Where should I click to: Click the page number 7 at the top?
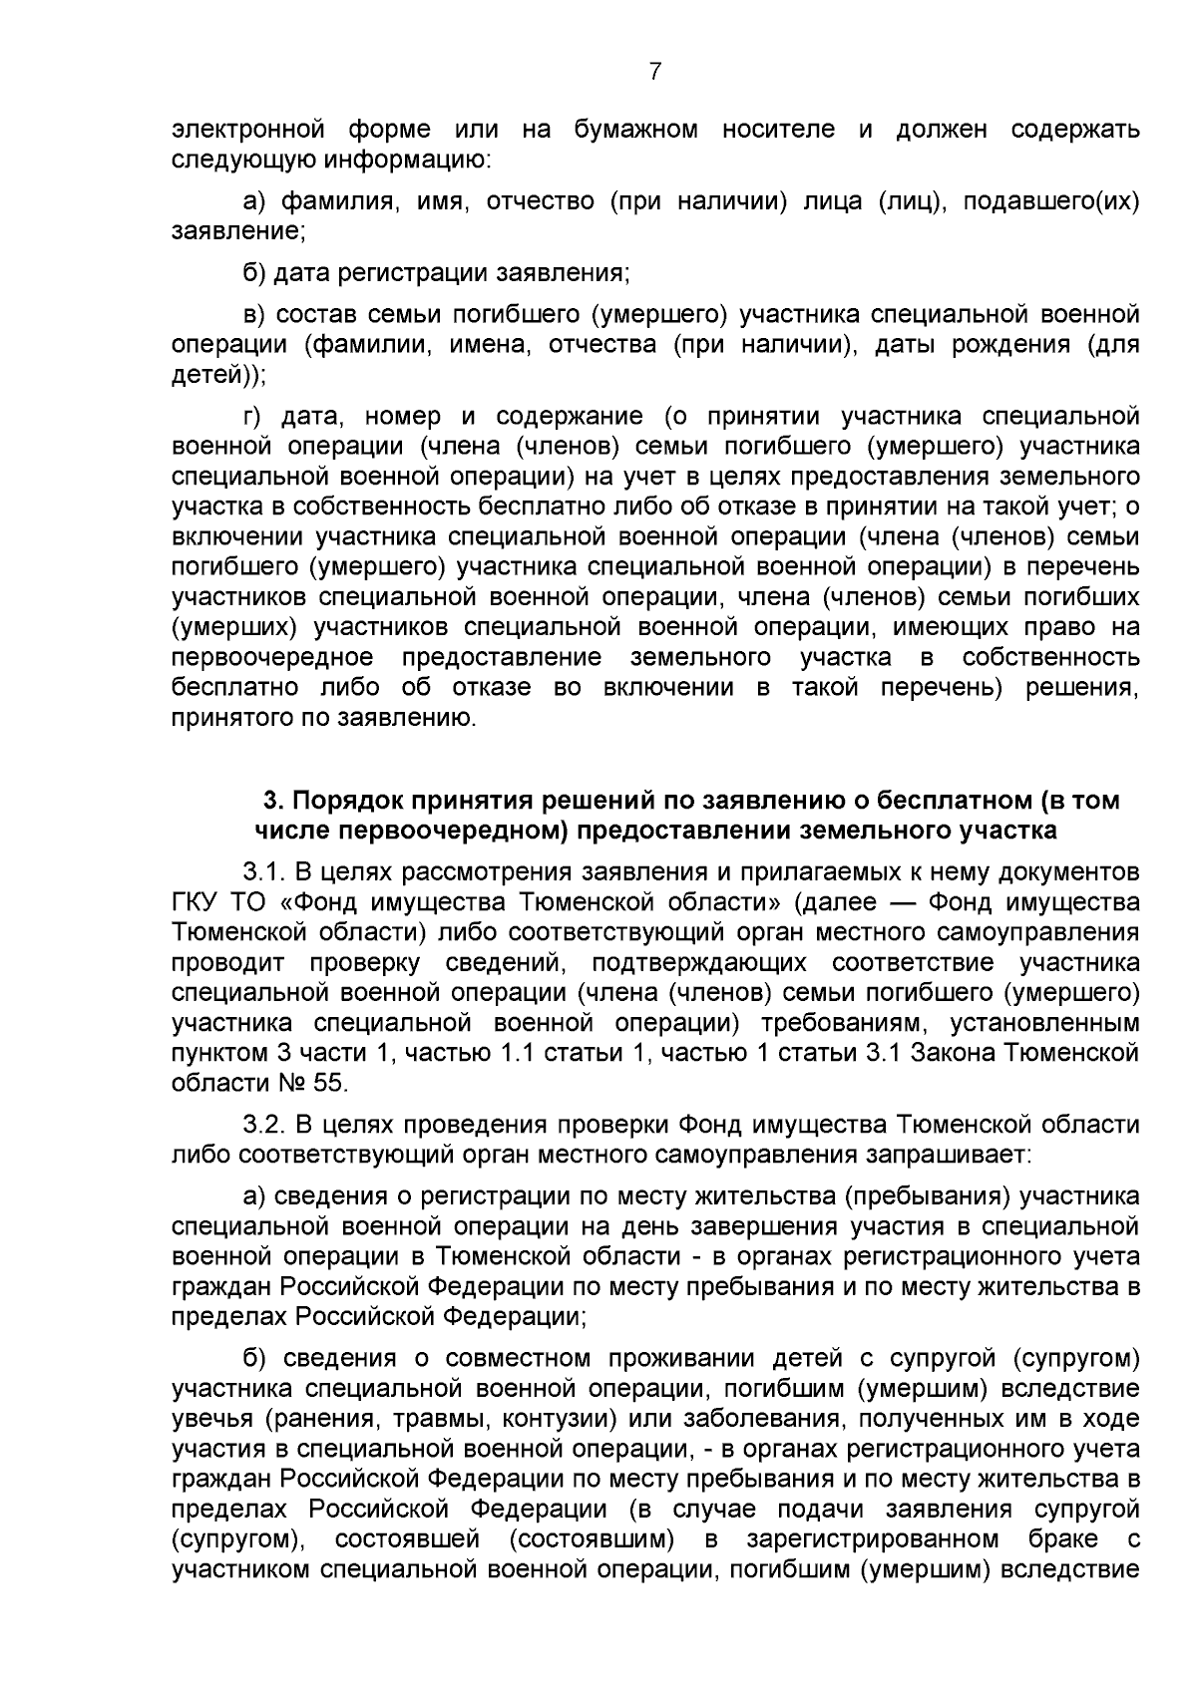point(655,71)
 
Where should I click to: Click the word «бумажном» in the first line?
point(635,129)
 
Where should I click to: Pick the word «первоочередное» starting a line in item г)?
point(273,658)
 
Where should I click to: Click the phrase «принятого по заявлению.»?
point(324,718)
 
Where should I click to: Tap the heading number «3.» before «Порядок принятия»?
point(272,801)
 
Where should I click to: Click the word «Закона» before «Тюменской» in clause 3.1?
point(940,1053)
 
